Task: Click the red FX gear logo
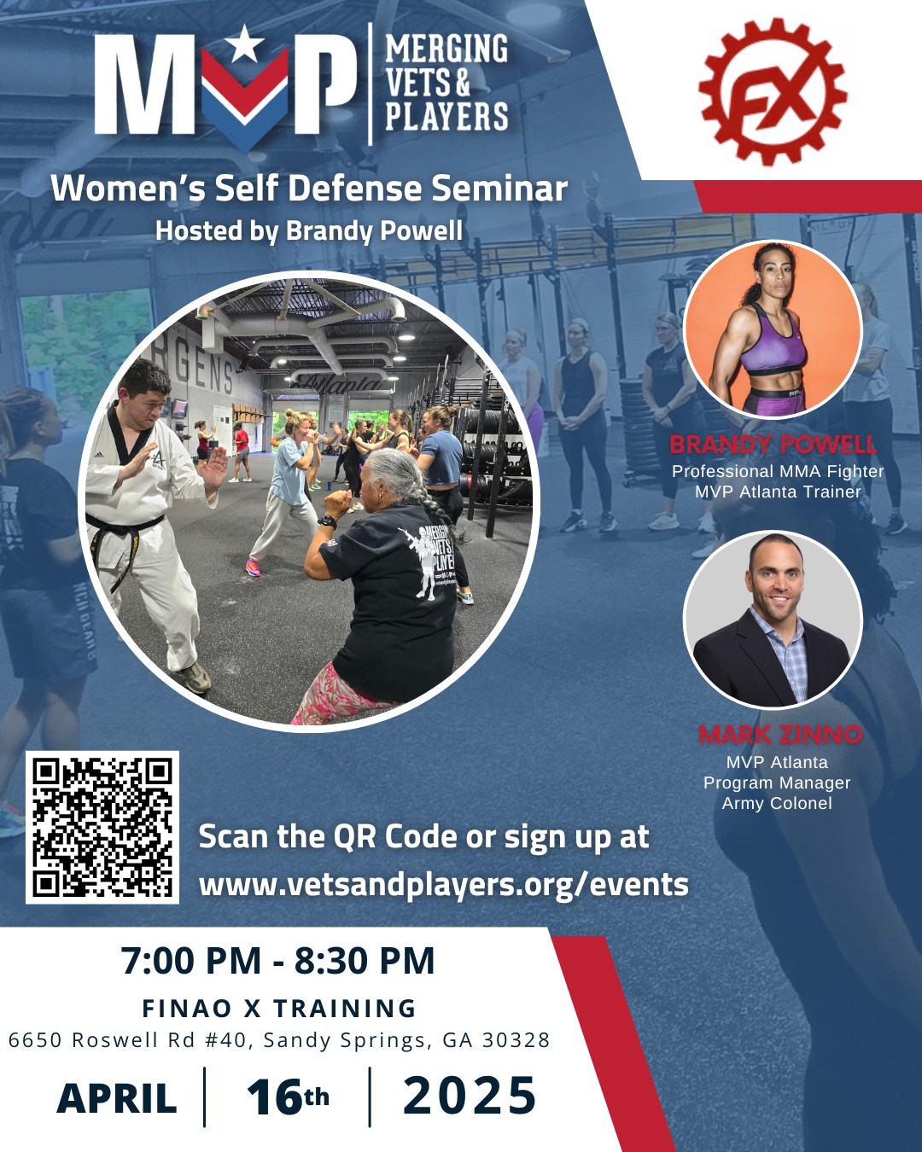[x=773, y=91]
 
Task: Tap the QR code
[x=102, y=827]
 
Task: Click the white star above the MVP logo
[x=245, y=44]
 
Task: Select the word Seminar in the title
[x=499, y=189]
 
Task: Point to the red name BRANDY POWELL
[x=773, y=445]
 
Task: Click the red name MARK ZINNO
[x=780, y=735]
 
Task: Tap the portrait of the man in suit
[x=773, y=620]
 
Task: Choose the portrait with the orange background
[x=773, y=329]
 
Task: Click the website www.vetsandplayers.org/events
[x=443, y=885]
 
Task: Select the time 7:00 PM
[x=191, y=961]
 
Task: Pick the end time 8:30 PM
[x=365, y=961]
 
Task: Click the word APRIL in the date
[x=117, y=1098]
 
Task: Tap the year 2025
[x=470, y=1097]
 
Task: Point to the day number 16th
[x=287, y=1097]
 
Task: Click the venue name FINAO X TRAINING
[x=279, y=1009]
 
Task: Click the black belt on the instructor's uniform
[x=128, y=523]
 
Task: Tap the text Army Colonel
[x=777, y=803]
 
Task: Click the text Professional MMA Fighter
[x=778, y=471]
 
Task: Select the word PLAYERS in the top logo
[x=446, y=117]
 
